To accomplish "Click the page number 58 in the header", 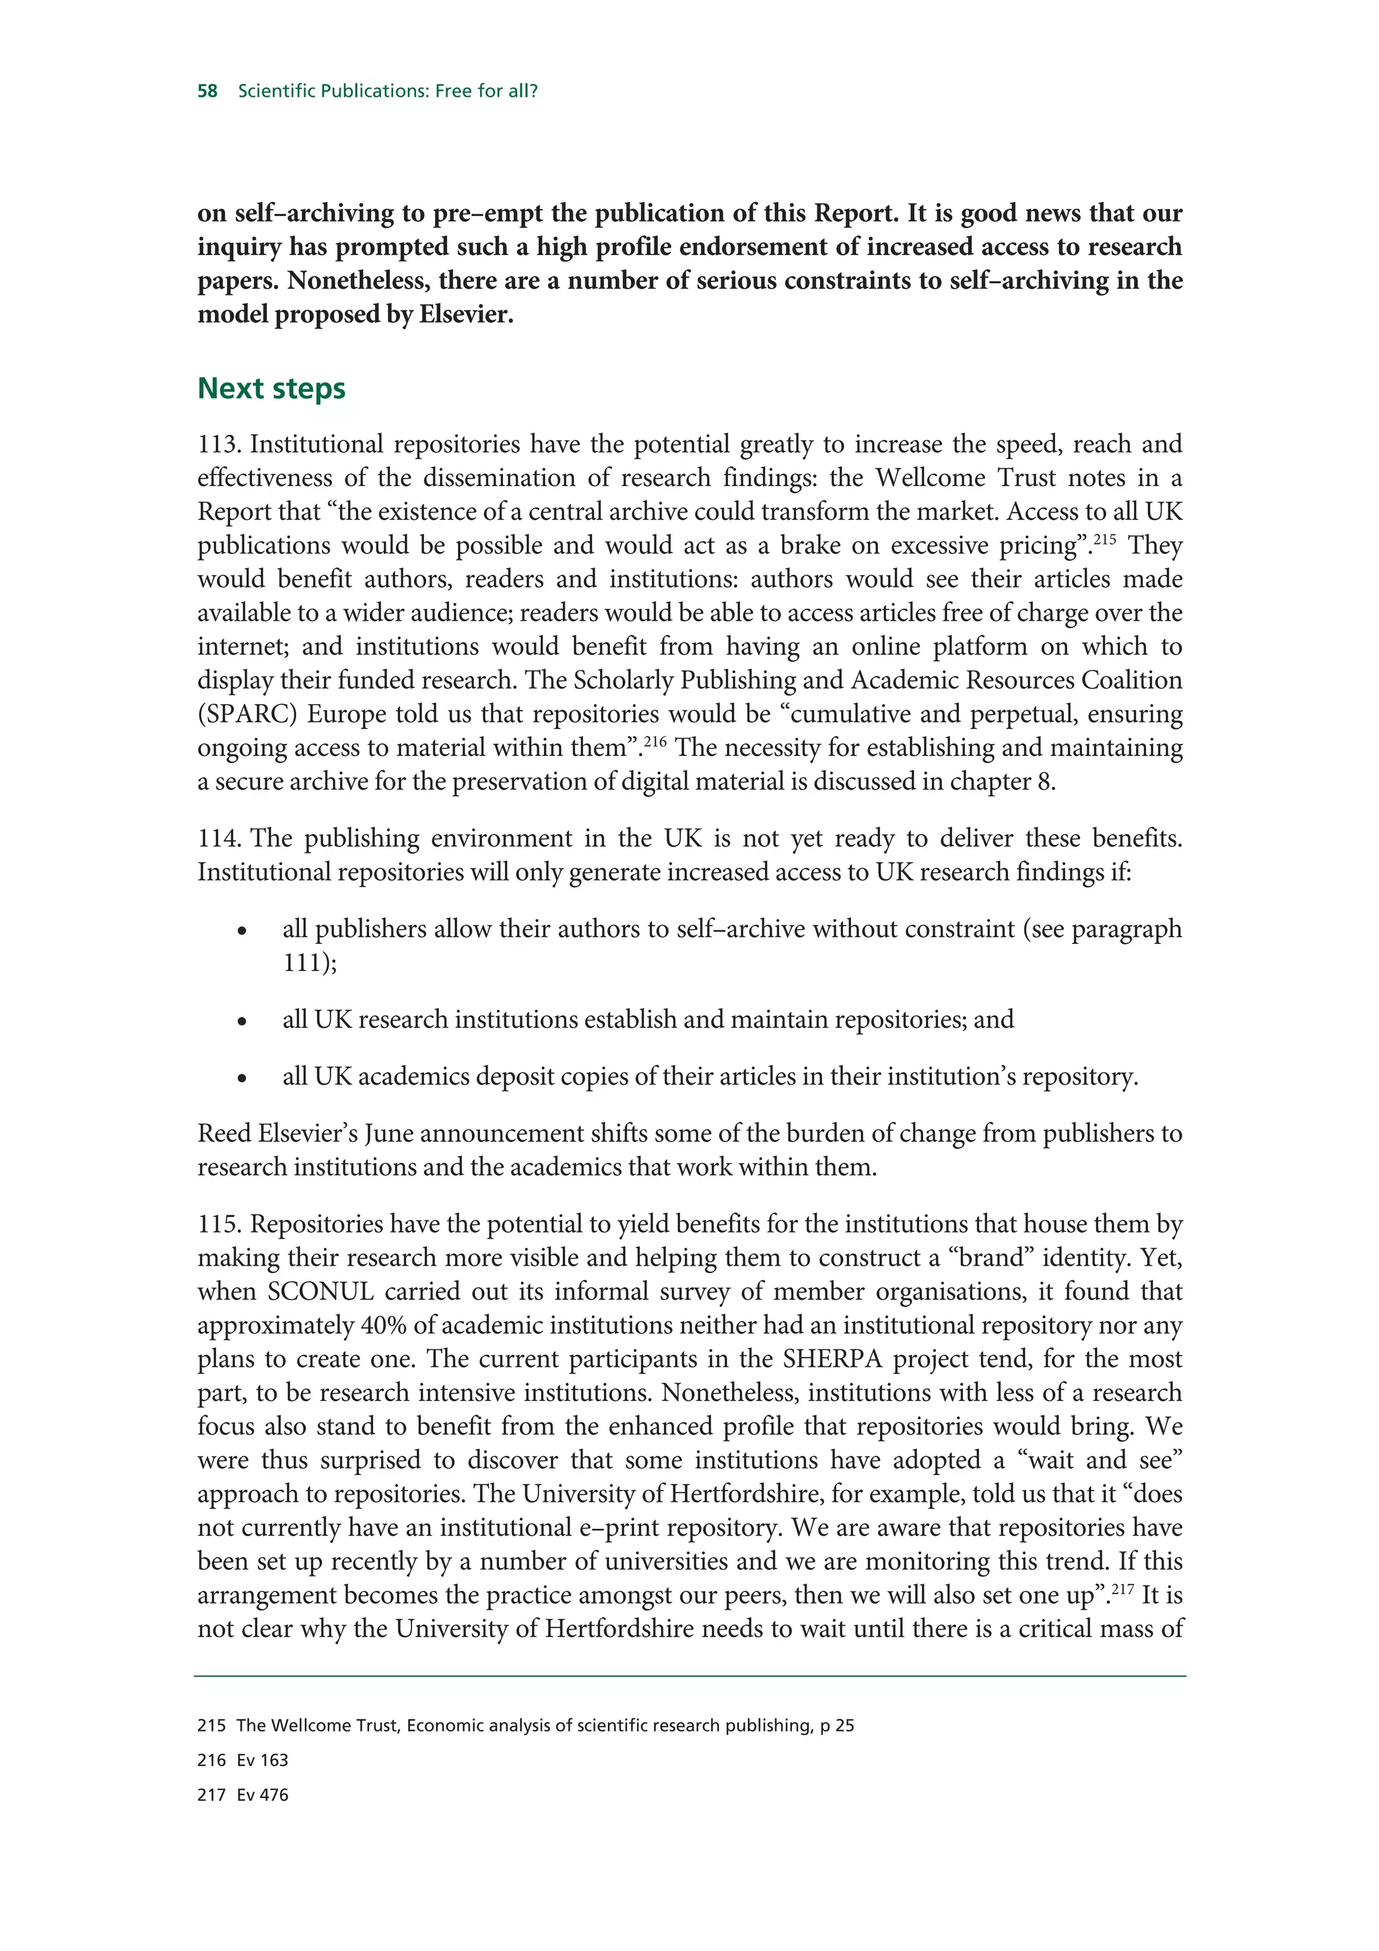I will click(207, 91).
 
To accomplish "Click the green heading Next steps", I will click(271, 388).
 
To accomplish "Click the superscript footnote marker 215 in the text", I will click(1104, 539).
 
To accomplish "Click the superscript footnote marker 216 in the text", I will click(654, 741).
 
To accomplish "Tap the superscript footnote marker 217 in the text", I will click(1122, 1588).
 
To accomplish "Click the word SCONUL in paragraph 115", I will click(321, 1293).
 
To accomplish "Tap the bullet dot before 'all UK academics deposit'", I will click(242, 1079).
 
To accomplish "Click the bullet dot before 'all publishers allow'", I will click(242, 931).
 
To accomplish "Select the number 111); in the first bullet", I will click(309, 963).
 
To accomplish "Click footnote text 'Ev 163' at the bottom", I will click(263, 1760).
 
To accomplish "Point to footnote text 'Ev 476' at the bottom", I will click(263, 1795).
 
